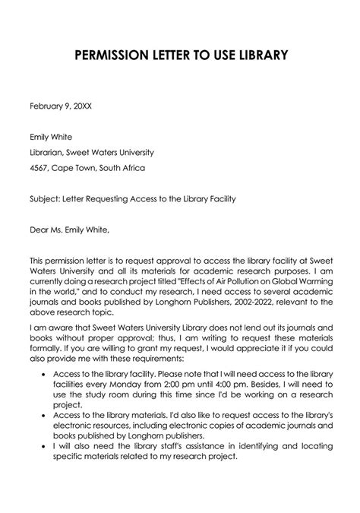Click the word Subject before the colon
[44, 200]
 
